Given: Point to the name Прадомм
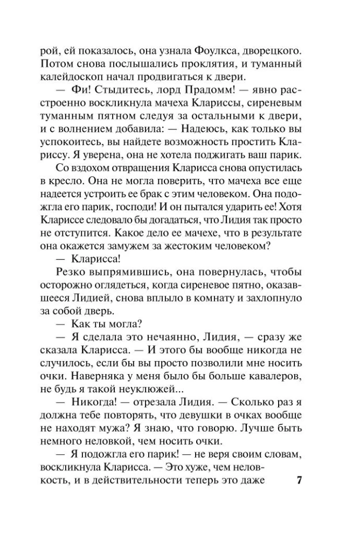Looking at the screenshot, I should click(x=191, y=91).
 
